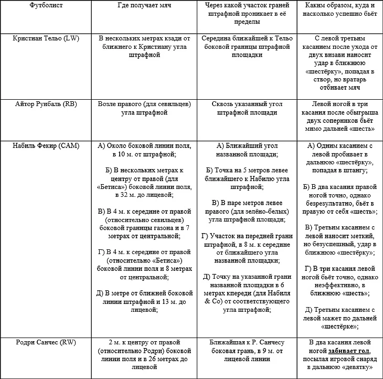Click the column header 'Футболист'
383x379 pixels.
(x=46, y=4)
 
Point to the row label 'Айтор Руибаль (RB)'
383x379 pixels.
(x=46, y=104)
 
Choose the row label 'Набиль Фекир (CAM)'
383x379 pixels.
(x=46, y=145)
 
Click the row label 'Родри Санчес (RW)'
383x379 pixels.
(x=46, y=343)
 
